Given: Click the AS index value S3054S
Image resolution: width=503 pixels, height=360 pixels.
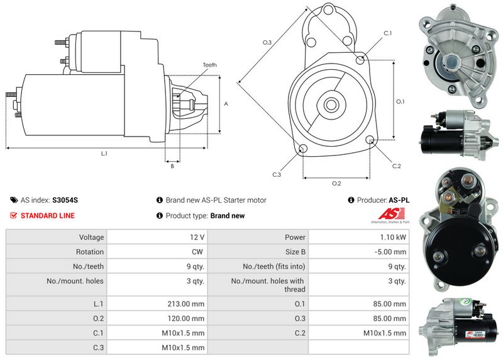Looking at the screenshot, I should point(65,200).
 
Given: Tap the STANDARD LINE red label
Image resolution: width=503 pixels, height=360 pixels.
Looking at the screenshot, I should point(47,216).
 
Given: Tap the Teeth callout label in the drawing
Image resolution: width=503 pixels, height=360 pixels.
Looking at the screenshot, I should point(210,65).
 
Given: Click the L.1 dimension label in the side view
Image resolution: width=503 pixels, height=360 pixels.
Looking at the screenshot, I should point(104,154).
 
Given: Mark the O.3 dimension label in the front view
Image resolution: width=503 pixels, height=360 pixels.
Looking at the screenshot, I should point(267,42).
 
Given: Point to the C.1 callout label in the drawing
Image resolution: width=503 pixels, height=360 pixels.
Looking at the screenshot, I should point(388,33).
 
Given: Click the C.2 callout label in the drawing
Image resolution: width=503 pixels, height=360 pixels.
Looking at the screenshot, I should point(396,166).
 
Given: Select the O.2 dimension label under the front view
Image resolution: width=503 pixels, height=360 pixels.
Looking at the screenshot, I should point(336,183).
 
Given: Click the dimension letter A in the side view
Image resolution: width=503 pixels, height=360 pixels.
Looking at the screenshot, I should point(226,104).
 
